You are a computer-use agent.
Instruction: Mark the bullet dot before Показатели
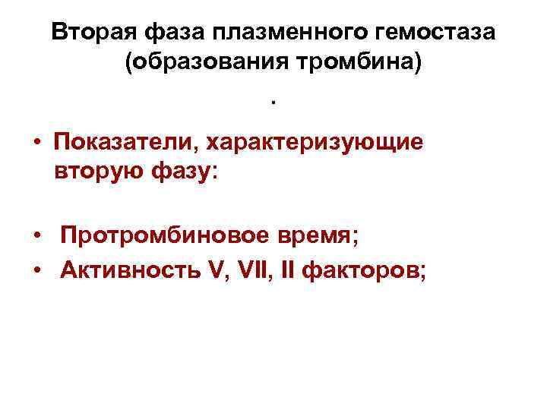[x=36, y=144]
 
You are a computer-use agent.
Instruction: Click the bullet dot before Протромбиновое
[x=36, y=238]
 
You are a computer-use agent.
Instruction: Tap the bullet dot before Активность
[x=36, y=270]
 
